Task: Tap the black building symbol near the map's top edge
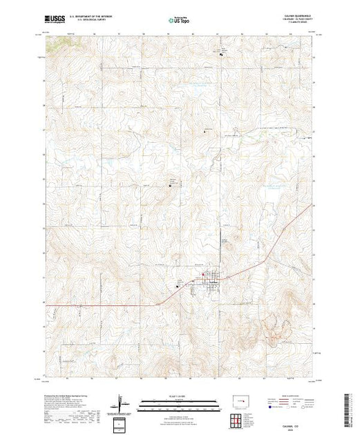222,55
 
